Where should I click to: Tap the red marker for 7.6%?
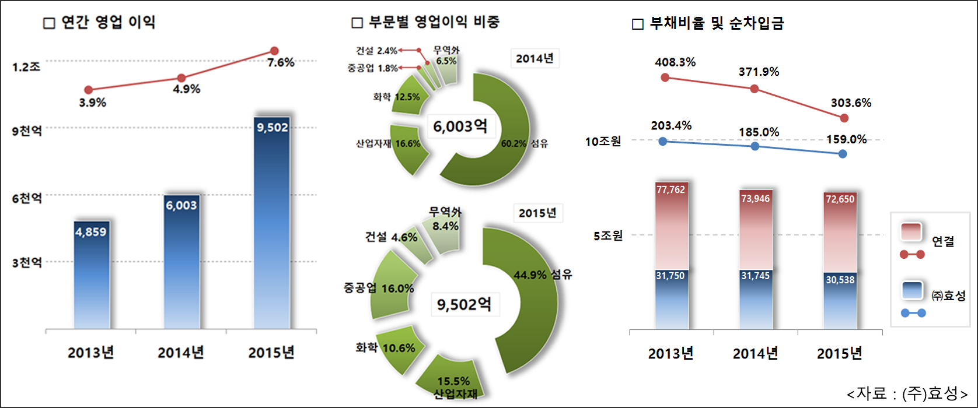pyautogui.click(x=274, y=51)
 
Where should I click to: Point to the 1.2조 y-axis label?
pyautogui.click(x=26, y=67)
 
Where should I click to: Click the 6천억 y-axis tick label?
pyautogui.click(x=27, y=198)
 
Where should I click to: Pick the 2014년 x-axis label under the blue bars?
pyautogui.click(x=181, y=353)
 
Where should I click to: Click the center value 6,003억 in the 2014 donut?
pyautogui.click(x=460, y=126)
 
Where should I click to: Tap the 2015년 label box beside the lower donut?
pyautogui.click(x=537, y=213)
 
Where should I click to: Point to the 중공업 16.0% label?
pyautogui.click(x=379, y=289)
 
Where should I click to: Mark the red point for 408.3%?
pyautogui.click(x=665, y=77)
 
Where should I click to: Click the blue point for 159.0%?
pyautogui.click(x=843, y=154)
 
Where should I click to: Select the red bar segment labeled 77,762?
pyautogui.click(x=671, y=227)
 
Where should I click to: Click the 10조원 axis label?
pyautogui.click(x=603, y=141)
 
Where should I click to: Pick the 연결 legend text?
pyautogui.click(x=943, y=241)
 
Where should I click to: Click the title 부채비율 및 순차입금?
pyautogui.click(x=717, y=23)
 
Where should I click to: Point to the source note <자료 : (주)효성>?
pyautogui.click(x=907, y=393)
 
